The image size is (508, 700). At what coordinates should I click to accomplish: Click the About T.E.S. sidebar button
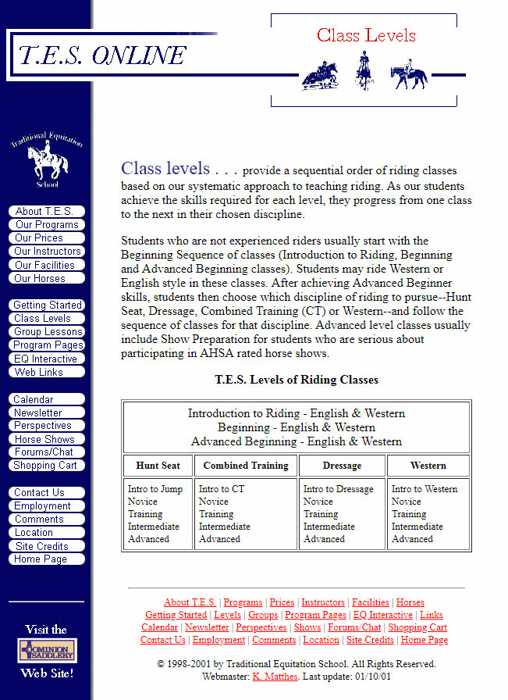point(45,211)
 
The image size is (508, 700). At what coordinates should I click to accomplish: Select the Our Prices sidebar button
point(45,237)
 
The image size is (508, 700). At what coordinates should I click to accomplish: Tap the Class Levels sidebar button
point(45,318)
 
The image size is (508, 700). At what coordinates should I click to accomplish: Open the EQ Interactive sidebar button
point(45,359)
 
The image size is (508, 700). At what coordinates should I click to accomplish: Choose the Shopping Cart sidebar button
point(45,465)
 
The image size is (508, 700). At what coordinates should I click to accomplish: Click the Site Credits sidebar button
point(45,546)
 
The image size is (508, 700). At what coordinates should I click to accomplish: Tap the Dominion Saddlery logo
point(47,651)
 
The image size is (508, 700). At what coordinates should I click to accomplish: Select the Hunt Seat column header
point(158,466)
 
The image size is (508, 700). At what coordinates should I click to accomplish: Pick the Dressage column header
point(342,466)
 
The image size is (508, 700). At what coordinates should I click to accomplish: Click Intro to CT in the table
point(222,489)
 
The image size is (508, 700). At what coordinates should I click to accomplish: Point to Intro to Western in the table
point(425,489)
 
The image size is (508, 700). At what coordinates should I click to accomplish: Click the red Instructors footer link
point(323,602)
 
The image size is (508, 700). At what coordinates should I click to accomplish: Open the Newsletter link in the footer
point(207,627)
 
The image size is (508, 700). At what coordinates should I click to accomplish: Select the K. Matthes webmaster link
point(275,677)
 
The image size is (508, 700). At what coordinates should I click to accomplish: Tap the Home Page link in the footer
point(425,640)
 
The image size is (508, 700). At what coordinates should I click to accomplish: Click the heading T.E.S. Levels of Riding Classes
point(297,380)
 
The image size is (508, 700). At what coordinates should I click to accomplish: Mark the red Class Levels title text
point(366,35)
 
